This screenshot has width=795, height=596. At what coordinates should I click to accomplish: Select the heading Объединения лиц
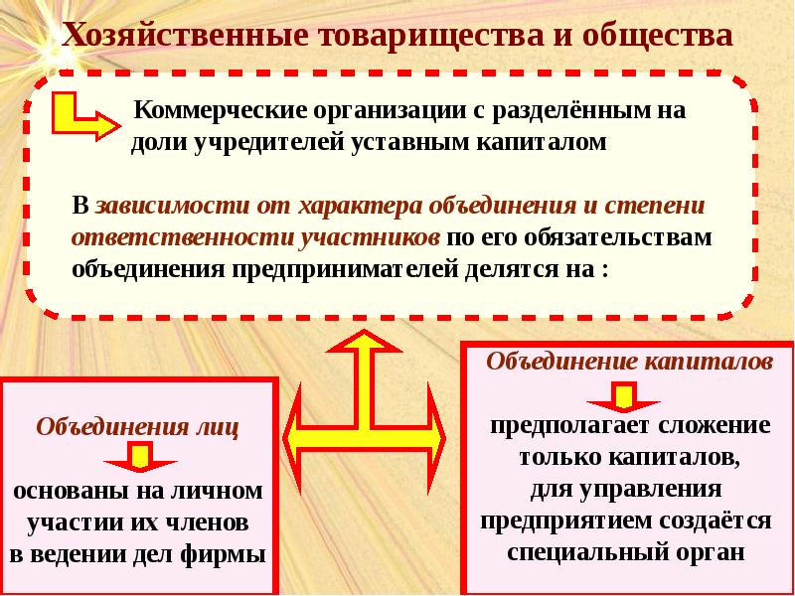137,427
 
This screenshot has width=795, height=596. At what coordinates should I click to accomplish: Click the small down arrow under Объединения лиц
140,457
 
